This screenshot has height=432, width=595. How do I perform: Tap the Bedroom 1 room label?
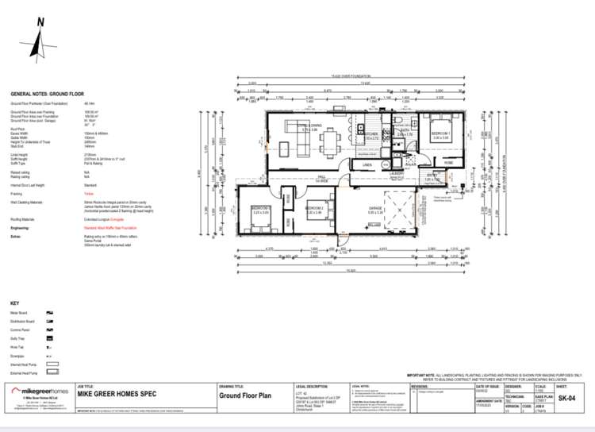coord(440,133)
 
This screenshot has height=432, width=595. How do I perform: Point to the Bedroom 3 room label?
coord(261,210)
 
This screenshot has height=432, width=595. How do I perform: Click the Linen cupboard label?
coord(367,164)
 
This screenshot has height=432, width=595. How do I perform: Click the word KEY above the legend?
coord(14,304)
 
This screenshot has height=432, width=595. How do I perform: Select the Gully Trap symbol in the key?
coord(49,338)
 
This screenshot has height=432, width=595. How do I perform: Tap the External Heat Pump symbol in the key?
coord(52,370)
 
